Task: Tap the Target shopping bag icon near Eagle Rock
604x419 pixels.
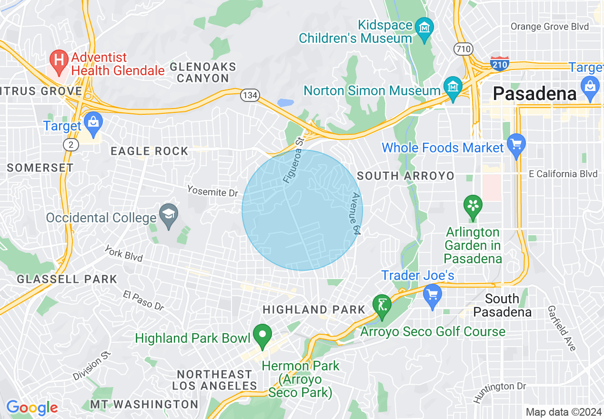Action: (x=93, y=122)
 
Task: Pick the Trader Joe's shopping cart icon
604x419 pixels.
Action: (x=433, y=295)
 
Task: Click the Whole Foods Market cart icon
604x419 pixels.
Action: (x=516, y=144)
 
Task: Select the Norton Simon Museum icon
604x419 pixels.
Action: (x=452, y=87)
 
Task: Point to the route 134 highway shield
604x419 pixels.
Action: (x=250, y=95)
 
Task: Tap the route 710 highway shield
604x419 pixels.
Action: (x=463, y=49)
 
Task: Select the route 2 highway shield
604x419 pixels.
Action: (x=70, y=145)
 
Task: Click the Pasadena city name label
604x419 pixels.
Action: (x=534, y=93)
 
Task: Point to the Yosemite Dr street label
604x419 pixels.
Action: (x=212, y=191)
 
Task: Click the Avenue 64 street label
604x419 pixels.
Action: (x=355, y=213)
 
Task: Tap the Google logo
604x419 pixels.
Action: (x=32, y=408)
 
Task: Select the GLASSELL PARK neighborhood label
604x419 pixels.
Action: (x=67, y=279)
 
